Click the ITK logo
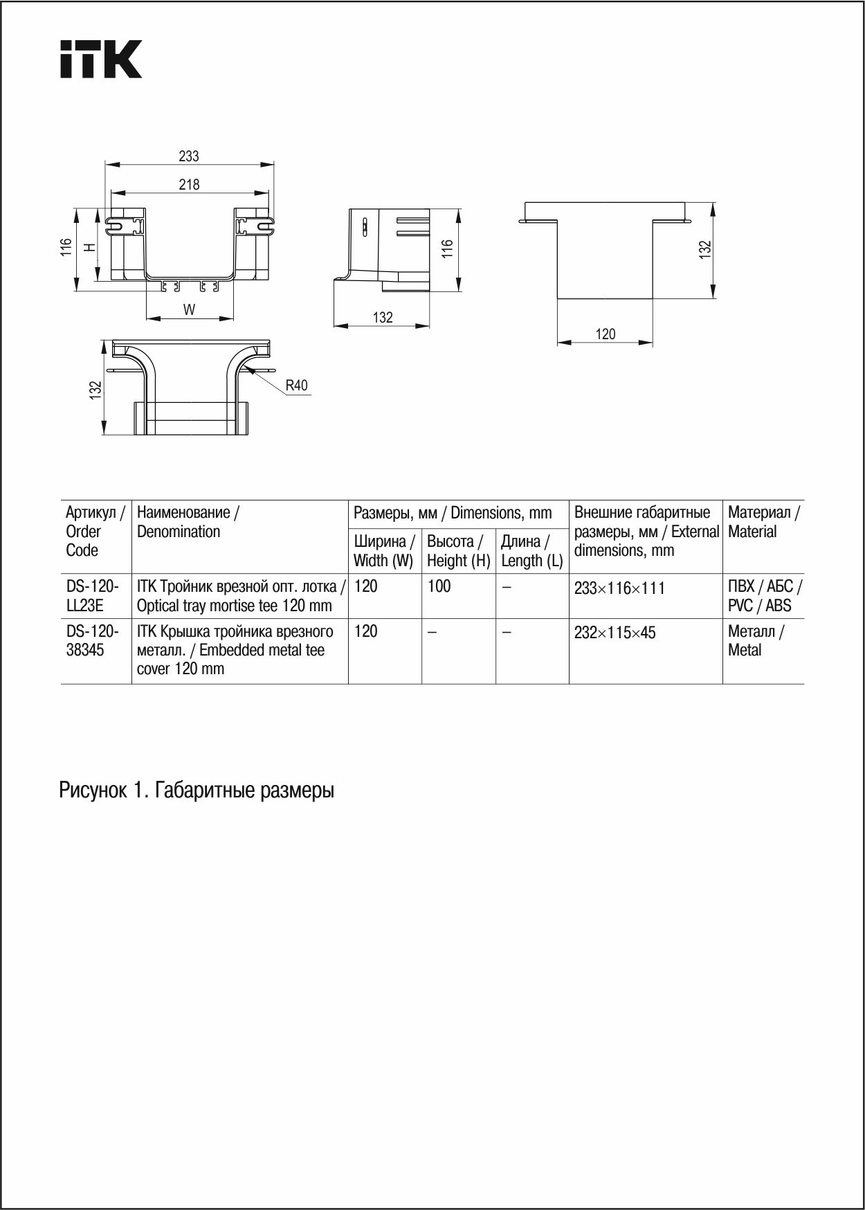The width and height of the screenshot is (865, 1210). pos(100,59)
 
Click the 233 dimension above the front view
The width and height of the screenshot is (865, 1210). pos(189,156)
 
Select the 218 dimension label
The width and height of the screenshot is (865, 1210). pos(189,184)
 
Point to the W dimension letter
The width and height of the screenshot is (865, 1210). pos(189,309)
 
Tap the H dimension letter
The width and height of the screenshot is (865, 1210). pos(89,247)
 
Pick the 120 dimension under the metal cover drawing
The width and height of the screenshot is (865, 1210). pos(605,334)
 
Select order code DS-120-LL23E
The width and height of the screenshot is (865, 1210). pos(92,595)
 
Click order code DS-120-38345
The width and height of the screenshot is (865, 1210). pos(92,640)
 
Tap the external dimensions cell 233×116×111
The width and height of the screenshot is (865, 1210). pos(619,588)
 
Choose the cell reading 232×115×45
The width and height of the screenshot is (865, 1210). pos(614,633)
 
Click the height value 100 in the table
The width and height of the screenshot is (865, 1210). pos(439,586)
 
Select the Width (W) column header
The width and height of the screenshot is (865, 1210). pos(384,551)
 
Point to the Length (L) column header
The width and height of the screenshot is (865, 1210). pos(531,551)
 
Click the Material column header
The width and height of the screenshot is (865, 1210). pos(763,522)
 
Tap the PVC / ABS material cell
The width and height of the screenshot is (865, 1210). pos(764,595)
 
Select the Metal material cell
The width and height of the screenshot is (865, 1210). pos(755,640)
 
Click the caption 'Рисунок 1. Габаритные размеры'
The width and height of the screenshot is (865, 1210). pos(197,790)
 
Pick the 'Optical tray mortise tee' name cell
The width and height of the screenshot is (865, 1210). pos(239,595)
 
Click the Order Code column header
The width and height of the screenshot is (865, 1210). pos(95,531)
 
